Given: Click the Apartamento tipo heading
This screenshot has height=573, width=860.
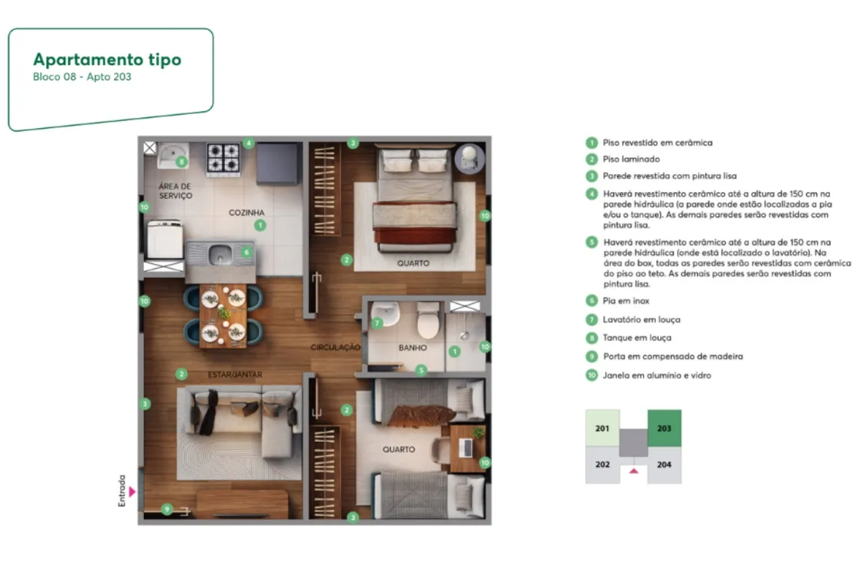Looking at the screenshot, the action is (107, 60).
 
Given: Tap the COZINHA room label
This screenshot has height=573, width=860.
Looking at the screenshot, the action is (247, 213).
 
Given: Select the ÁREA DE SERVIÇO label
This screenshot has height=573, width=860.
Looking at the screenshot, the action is (176, 191).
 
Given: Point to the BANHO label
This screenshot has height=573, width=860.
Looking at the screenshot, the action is (413, 347).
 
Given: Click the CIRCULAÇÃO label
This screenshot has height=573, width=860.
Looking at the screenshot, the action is (335, 347).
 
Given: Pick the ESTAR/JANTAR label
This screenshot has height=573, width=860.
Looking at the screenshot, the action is (235, 375).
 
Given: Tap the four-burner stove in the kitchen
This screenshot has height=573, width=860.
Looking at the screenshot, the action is (223, 158).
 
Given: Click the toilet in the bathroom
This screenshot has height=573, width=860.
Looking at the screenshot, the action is (428, 319).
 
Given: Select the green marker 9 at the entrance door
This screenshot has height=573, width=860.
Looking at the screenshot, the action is (166, 509).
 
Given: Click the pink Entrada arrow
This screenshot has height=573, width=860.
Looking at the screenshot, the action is (133, 491).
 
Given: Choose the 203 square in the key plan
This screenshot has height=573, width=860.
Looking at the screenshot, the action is (664, 428).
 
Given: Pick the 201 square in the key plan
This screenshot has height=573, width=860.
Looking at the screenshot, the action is (603, 428).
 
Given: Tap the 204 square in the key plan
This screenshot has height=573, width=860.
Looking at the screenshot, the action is (664, 465).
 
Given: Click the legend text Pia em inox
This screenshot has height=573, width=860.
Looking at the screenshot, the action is (626, 301).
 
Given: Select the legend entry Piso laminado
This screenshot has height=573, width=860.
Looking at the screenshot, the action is (631, 159).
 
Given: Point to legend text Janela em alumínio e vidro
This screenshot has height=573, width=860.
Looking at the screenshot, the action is (657, 375).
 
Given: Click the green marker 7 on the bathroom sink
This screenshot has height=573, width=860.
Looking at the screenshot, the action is (377, 323).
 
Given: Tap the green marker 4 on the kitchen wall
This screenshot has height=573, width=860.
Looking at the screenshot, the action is (249, 143).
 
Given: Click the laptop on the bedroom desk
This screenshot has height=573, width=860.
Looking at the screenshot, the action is (466, 448).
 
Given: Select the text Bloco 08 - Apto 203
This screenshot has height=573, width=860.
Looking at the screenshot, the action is (82, 77).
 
